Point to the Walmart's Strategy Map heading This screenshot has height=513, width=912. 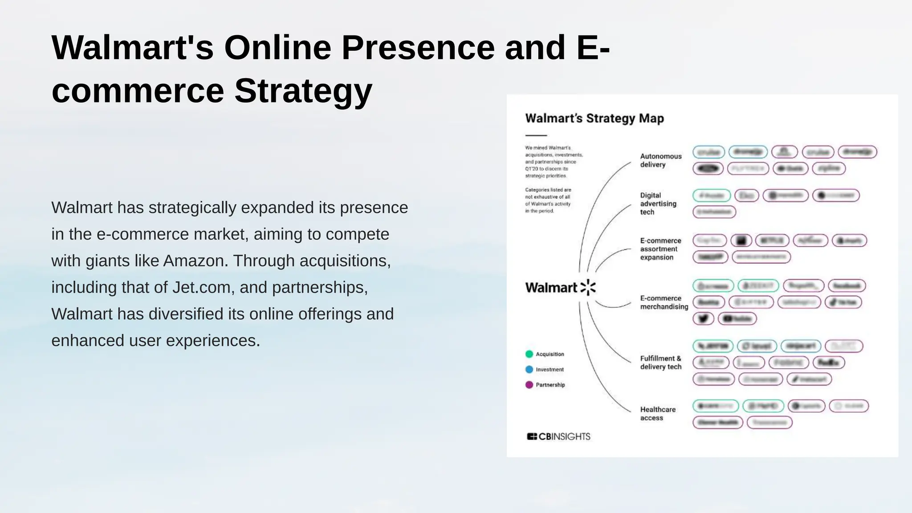594,118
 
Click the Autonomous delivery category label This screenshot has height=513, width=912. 660,160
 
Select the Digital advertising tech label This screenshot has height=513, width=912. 658,204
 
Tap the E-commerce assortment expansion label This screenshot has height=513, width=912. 660,249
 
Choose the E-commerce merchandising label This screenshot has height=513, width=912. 664,302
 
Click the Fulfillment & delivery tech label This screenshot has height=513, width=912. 660,362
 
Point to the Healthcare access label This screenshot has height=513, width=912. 657,413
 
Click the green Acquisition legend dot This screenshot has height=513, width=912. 529,354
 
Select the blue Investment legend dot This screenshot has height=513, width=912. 529,370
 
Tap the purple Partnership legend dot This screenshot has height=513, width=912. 529,385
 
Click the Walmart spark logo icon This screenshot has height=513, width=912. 588,288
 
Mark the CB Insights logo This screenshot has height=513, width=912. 558,436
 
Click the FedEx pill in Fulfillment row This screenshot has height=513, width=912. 828,362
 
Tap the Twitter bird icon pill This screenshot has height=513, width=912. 703,319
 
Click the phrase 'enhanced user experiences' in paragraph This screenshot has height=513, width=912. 155,341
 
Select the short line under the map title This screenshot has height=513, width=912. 536,135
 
